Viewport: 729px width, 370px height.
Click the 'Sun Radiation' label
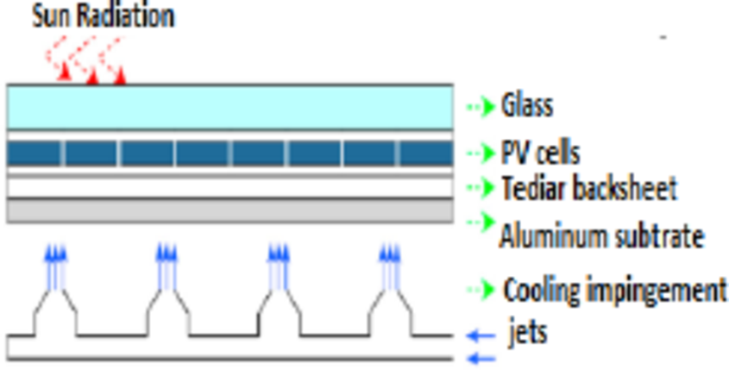103,16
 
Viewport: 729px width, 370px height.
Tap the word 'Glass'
526,106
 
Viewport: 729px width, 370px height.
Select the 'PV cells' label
540,154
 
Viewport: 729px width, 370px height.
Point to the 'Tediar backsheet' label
589,187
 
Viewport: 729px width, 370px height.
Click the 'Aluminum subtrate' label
601,235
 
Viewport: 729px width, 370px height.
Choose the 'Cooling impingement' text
614,290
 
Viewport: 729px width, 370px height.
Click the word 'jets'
527,333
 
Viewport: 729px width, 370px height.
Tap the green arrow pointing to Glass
481,106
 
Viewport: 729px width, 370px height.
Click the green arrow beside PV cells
481,154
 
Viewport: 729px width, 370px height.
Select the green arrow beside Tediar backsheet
481,187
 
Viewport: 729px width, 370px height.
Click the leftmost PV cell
35,154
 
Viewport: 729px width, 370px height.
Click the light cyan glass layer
229,106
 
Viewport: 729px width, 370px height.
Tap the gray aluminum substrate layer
229,210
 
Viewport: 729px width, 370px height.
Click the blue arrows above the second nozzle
167,254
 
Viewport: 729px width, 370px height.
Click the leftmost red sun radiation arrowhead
64,75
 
